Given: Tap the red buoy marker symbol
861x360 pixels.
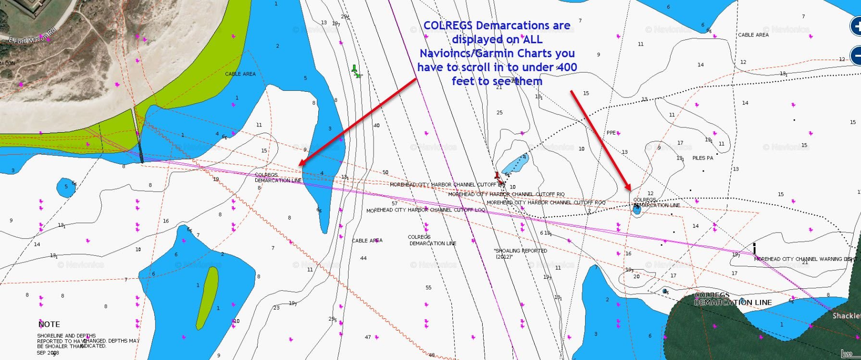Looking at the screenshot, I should pos(498,177).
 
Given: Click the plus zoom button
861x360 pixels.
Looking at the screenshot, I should pos(856,26).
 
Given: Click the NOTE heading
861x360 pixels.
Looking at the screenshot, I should pos(49,324).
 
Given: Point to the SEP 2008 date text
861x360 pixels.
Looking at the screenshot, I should pos(48,353).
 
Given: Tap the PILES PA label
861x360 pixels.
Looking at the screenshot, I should pos(702,158).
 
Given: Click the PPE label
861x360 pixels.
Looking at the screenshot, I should pos(611,133).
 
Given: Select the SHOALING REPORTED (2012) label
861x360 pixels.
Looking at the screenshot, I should pos(520,253).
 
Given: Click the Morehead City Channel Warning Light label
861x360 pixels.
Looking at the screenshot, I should pos(805,259).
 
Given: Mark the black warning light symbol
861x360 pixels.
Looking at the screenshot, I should pos(754,248).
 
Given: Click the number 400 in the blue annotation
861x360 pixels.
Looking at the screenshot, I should pos(566,67).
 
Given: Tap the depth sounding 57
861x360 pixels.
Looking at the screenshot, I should pos(394,203).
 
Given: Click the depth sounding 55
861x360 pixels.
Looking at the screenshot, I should pos(428,288).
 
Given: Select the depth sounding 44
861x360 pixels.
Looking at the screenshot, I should pos(363,258).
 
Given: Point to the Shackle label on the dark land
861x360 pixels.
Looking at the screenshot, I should pos(846,316).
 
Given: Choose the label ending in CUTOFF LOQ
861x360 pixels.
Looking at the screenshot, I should pos(426,211).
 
